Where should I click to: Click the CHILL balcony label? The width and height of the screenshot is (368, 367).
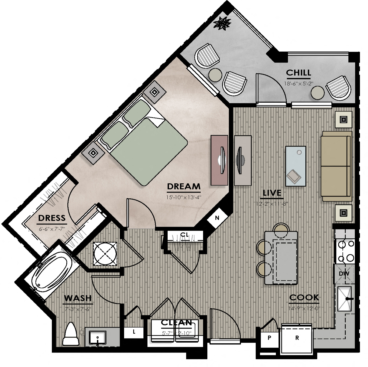(x=298, y=73)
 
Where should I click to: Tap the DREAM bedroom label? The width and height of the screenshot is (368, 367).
(x=184, y=187)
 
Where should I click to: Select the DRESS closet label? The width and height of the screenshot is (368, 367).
(x=52, y=218)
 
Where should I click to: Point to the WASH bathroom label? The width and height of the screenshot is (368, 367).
(x=78, y=298)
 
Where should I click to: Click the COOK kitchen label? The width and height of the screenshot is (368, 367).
(x=304, y=297)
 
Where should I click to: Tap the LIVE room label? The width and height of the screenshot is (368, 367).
(x=272, y=193)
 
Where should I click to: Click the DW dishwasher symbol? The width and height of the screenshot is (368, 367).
(x=344, y=274)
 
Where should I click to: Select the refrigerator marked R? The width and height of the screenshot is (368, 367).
(x=297, y=338)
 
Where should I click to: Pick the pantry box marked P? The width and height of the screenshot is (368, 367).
(x=269, y=338)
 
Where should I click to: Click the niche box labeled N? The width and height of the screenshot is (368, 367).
(x=217, y=218)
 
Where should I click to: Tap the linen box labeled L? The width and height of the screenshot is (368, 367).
(x=134, y=332)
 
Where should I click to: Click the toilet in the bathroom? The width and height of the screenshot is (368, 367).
(x=71, y=334)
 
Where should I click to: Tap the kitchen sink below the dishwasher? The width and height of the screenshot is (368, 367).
(x=344, y=299)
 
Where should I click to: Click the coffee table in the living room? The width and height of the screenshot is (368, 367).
(x=295, y=166)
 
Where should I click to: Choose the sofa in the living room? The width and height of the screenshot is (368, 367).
(x=336, y=166)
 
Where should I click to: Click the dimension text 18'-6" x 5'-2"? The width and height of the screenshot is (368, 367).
(x=299, y=83)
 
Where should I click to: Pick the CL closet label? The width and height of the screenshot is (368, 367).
(x=185, y=235)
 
